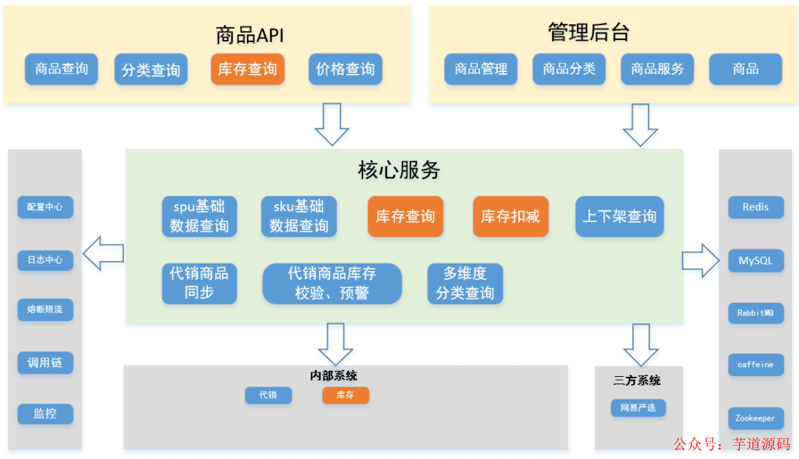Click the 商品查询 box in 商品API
[61, 69]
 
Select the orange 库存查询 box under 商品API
[248, 69]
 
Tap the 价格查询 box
[345, 69]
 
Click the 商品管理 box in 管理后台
[481, 69]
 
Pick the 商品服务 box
[657, 69]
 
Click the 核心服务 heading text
[399, 170]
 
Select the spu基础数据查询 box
[199, 216]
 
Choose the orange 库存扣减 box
[510, 216]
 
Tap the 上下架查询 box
[619, 216]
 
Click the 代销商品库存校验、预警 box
[331, 284]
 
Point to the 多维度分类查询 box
[465, 284]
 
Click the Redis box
[755, 207]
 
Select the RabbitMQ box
[755, 313]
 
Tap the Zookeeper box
[755, 418]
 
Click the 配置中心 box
[45, 207]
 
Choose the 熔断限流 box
[45, 309]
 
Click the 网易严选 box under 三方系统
[638, 408]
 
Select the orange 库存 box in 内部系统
[345, 395]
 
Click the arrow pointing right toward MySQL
[700, 260]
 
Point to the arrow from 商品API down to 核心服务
[331, 124]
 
